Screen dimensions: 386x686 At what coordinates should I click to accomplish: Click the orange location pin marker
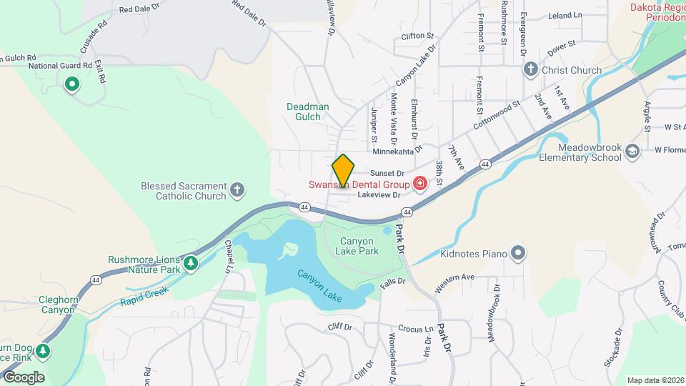tap(344, 171)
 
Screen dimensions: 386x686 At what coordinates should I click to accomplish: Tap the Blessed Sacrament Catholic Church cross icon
tap(238, 191)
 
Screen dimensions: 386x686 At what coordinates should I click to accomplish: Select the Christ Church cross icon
tap(530, 69)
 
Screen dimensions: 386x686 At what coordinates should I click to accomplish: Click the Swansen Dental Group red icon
tap(419, 184)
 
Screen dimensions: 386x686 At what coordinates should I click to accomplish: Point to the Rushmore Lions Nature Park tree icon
tap(191, 264)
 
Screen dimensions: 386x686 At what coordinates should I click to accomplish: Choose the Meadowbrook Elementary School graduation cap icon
tap(632, 152)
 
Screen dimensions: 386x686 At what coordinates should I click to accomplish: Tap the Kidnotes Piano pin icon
tap(518, 254)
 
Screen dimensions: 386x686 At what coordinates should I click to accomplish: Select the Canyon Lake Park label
tap(359, 246)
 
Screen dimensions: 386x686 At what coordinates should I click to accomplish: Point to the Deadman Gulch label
tap(308, 112)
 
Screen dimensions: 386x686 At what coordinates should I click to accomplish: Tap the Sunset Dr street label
tap(387, 173)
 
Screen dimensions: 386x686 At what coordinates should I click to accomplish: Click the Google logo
tap(24, 377)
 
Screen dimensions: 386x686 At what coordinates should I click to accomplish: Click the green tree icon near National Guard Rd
tap(71, 86)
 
